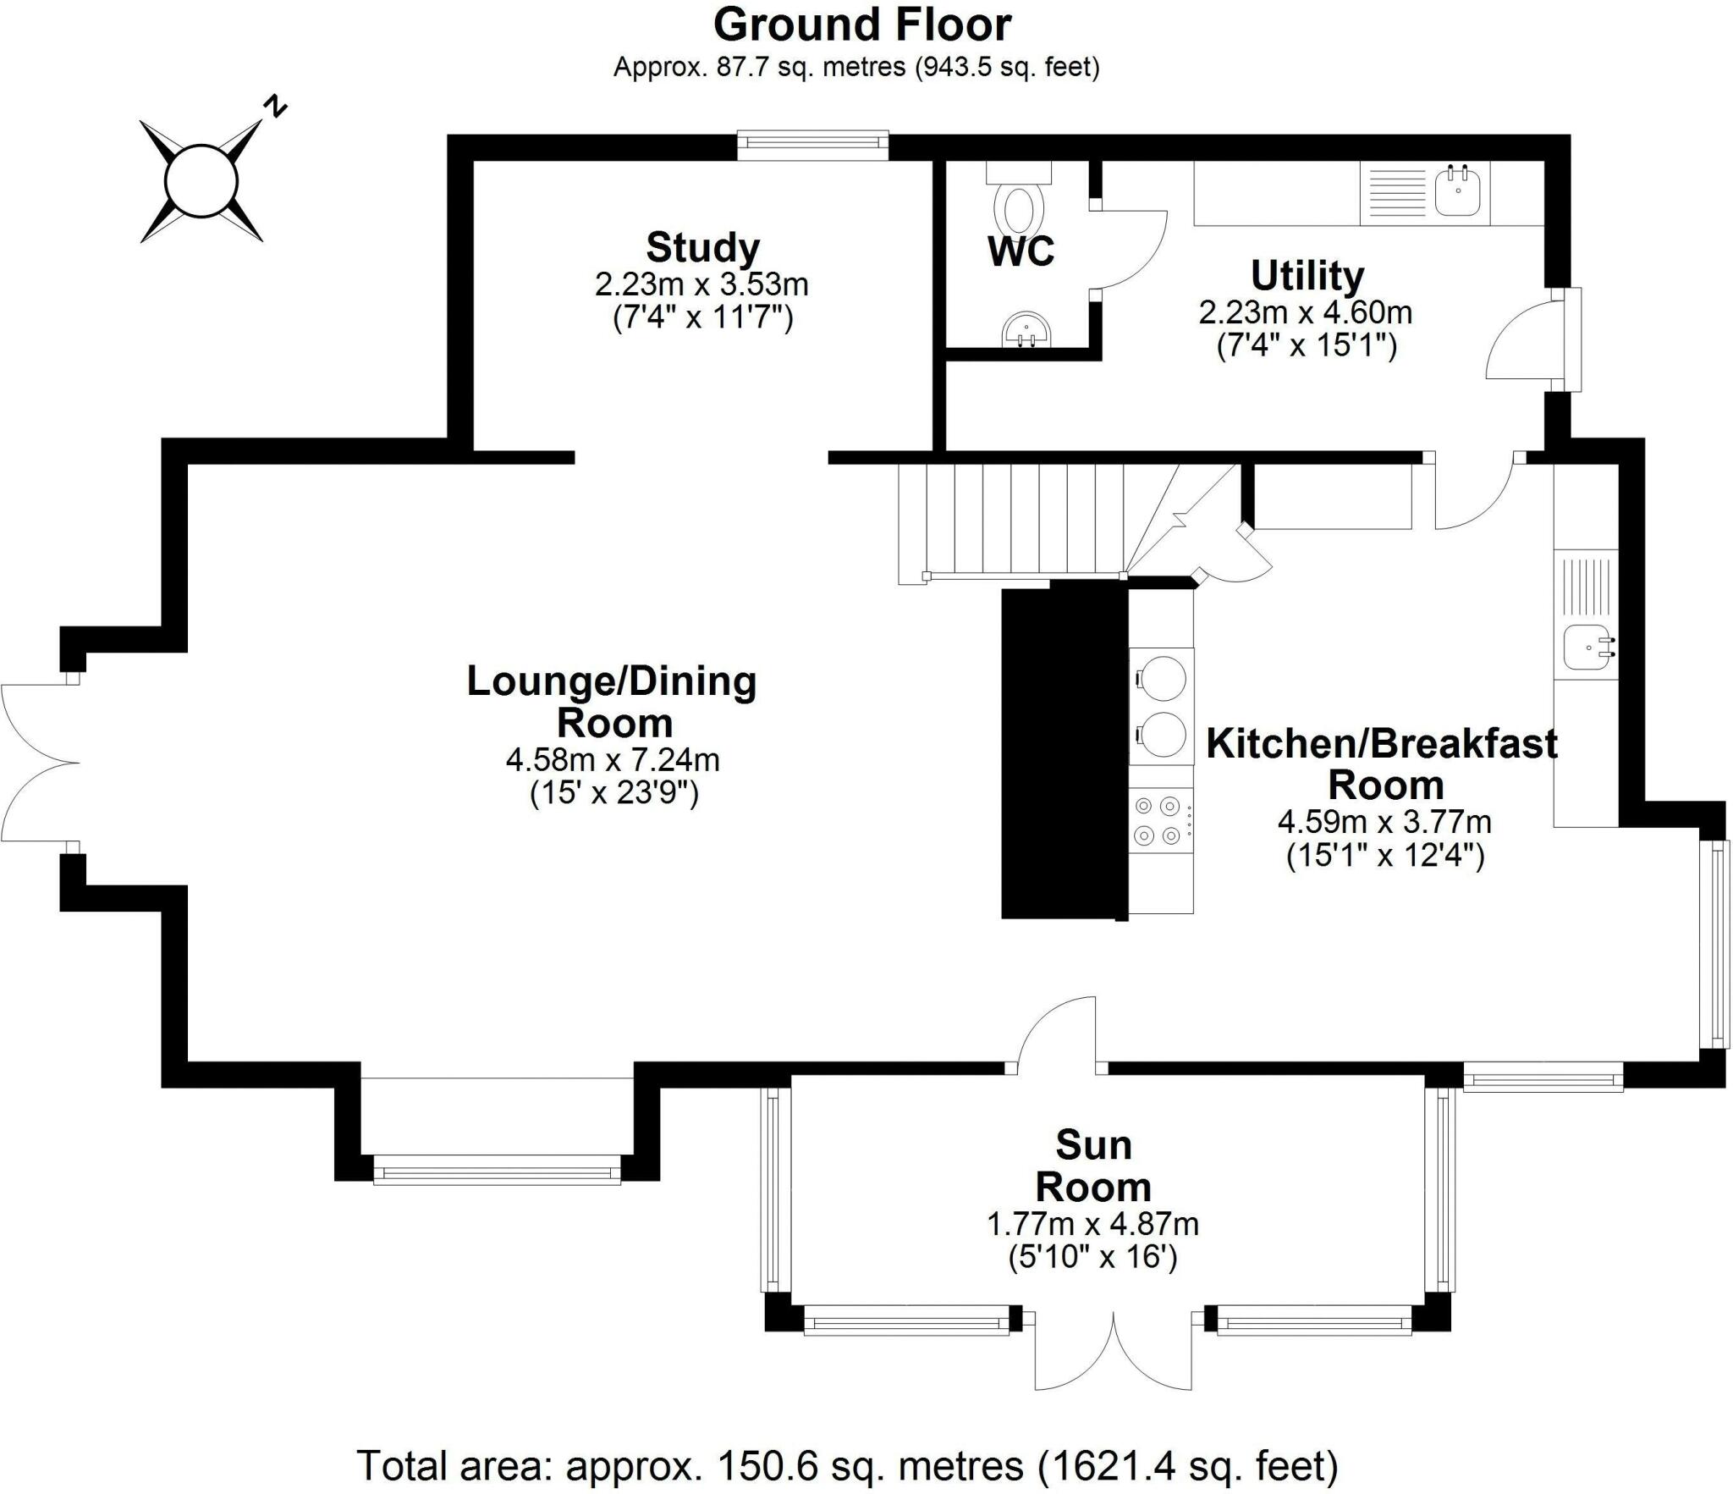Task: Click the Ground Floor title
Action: (x=861, y=25)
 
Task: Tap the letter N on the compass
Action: (x=276, y=107)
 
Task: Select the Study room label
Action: (x=702, y=248)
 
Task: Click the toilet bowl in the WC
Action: (x=1018, y=209)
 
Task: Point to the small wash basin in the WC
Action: (x=1025, y=330)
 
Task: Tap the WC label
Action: (x=1021, y=251)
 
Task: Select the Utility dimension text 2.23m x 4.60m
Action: (x=1306, y=312)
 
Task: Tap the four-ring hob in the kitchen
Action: (x=1158, y=820)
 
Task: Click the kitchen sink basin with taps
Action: (x=1586, y=648)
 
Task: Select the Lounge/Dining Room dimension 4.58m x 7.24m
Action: (x=613, y=760)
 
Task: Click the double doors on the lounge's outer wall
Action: (x=38, y=763)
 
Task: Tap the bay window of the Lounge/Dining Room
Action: (x=497, y=1172)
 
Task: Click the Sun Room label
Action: (x=1093, y=1166)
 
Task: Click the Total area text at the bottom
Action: (x=847, y=1465)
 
